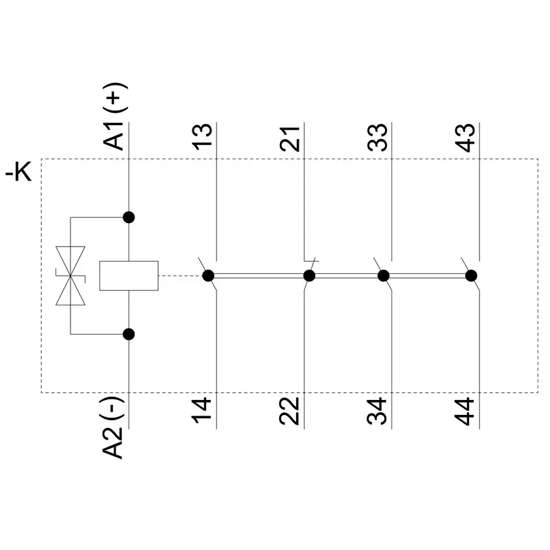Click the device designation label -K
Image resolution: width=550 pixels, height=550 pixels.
(x=18, y=172)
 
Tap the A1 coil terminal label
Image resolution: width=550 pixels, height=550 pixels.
(x=114, y=136)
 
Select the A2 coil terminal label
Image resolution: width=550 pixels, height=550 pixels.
(x=112, y=444)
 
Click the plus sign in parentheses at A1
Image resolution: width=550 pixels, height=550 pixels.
(x=115, y=99)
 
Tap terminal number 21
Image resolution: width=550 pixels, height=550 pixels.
(x=290, y=138)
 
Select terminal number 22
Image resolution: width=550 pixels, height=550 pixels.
(x=289, y=411)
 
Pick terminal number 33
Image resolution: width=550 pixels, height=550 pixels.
(x=377, y=137)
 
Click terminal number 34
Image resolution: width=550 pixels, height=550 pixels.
(x=376, y=411)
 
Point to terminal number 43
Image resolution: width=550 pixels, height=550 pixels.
(x=465, y=138)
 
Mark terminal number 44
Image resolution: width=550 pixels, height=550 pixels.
(x=464, y=411)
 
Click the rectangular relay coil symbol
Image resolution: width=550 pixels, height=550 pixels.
(x=129, y=276)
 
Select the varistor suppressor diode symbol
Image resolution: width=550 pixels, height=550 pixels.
(x=70, y=276)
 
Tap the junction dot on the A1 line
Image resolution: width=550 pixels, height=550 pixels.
(x=129, y=217)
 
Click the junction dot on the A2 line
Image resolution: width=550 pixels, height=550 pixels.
(x=129, y=334)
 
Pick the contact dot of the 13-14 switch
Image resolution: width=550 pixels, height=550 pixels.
(x=208, y=276)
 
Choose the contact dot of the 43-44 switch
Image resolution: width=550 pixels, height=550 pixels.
(x=471, y=276)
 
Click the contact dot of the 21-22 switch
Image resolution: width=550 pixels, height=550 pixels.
(x=309, y=276)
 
